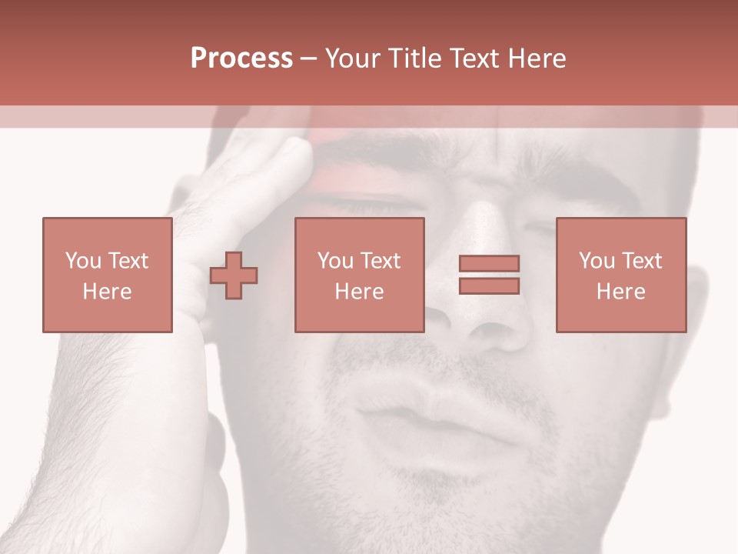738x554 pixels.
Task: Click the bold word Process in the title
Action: click(241, 58)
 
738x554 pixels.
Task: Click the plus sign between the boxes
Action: click(234, 275)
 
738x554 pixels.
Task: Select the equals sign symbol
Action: click(489, 275)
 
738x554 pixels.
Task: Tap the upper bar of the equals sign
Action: click(489, 263)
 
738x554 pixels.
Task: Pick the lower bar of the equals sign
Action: click(489, 286)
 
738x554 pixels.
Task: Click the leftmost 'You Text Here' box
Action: click(107, 275)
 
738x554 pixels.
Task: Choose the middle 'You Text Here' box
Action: click(359, 275)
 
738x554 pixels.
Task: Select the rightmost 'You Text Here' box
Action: click(620, 275)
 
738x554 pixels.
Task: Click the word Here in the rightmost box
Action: click(620, 292)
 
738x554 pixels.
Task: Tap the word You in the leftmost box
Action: click(83, 261)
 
